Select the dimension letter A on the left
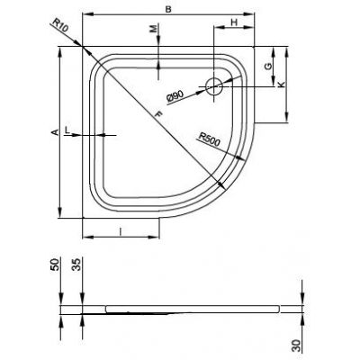(55, 132)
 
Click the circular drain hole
(214, 87)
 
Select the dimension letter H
(233, 22)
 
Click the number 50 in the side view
(55, 267)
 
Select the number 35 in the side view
(78, 267)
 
